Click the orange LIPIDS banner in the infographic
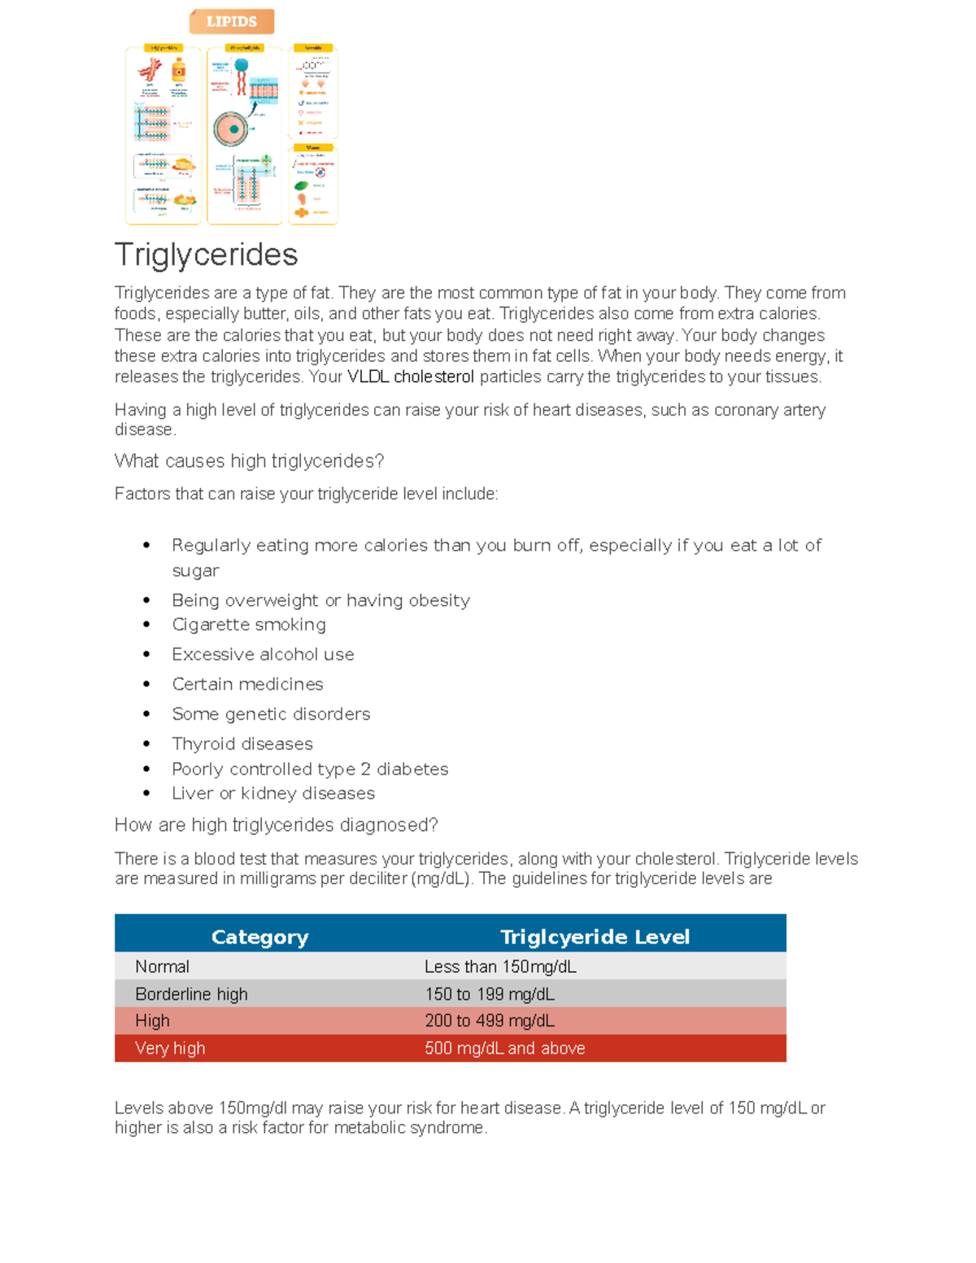pyautogui.click(x=232, y=22)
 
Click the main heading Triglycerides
pyautogui.click(x=206, y=255)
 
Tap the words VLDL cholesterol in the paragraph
pyautogui.click(x=411, y=377)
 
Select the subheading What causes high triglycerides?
pyautogui.click(x=249, y=461)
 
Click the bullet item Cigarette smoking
pyautogui.click(x=249, y=625)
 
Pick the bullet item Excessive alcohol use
pyautogui.click(x=263, y=655)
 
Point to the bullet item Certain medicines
pyautogui.click(x=247, y=684)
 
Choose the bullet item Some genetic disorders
pyautogui.click(x=271, y=714)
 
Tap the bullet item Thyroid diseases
pyautogui.click(x=242, y=744)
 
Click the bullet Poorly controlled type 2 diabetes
pyautogui.click(x=310, y=769)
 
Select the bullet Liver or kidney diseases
pyautogui.click(x=273, y=794)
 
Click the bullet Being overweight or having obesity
pyautogui.click(x=320, y=601)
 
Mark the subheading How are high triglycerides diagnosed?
pyautogui.click(x=277, y=825)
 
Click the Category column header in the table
pyautogui.click(x=259, y=937)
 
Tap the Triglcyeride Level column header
pyautogui.click(x=595, y=937)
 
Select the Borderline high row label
pyautogui.click(x=191, y=995)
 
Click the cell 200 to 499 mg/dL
pyautogui.click(x=490, y=1021)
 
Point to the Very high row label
pyautogui.click(x=170, y=1048)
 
